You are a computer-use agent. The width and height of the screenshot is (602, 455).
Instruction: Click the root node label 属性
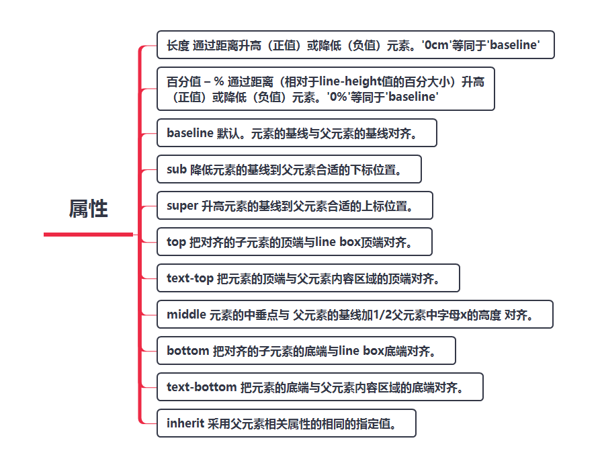[x=88, y=208]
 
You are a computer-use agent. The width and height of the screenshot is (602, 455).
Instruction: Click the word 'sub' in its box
[x=177, y=169]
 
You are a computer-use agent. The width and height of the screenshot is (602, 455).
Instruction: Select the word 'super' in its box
[x=182, y=206]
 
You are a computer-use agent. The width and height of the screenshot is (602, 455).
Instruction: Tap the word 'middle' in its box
[x=186, y=315]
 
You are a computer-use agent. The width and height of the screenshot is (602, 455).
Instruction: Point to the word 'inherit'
[x=185, y=423]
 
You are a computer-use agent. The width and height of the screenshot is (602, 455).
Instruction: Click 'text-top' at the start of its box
[x=190, y=278]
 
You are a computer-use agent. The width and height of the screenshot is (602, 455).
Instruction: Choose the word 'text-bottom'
[x=202, y=387]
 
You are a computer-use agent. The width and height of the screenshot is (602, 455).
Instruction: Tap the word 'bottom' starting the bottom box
[x=187, y=351]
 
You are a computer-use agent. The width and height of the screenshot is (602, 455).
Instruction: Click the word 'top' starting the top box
[x=176, y=242]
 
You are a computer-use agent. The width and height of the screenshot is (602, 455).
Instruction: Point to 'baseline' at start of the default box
[x=190, y=133]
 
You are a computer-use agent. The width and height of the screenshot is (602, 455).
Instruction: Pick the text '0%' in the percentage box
[x=339, y=97]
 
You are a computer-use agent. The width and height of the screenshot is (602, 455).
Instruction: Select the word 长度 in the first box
[x=178, y=45]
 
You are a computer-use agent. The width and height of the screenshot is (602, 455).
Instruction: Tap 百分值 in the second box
[x=184, y=82]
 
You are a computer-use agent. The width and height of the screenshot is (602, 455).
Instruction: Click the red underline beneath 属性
[x=88, y=234]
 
